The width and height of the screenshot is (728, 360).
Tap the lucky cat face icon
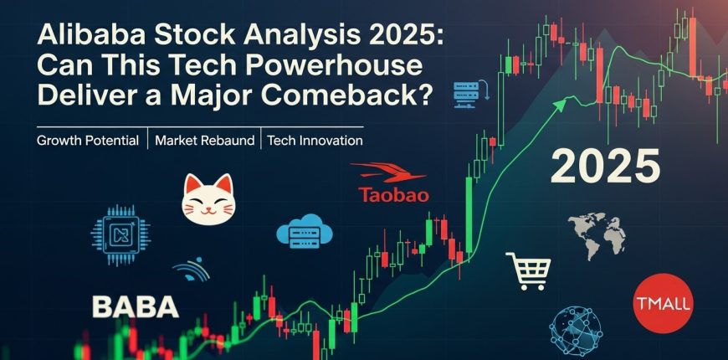tap(208, 199)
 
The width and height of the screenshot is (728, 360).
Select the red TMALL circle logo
tap(663, 303)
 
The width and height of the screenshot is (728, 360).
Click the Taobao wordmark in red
tap(394, 194)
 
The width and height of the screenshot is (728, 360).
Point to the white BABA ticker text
tap(136, 307)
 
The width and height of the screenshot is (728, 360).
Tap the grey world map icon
tap(597, 235)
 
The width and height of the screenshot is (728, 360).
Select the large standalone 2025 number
tap(605, 166)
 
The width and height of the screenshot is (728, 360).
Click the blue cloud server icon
tap(305, 230)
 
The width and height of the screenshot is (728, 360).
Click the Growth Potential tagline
tap(88, 141)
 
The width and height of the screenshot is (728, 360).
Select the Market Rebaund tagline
tap(205, 141)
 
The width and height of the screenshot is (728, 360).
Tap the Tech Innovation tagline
tap(315, 141)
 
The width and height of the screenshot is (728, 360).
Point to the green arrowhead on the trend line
tap(561, 105)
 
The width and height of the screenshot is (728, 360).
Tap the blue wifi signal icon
tap(192, 270)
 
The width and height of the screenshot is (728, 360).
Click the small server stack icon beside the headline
tap(471, 94)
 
